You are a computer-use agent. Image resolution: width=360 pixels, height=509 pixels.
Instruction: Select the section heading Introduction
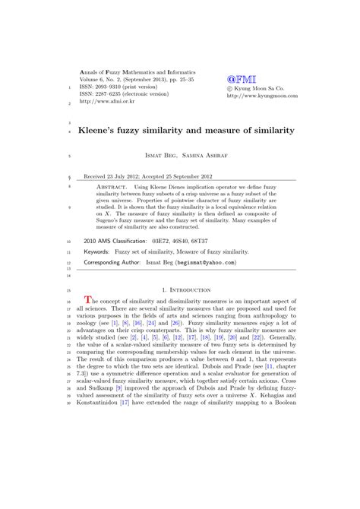tap(193, 290)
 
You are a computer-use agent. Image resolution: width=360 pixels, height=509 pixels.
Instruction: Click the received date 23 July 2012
tap(134, 173)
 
